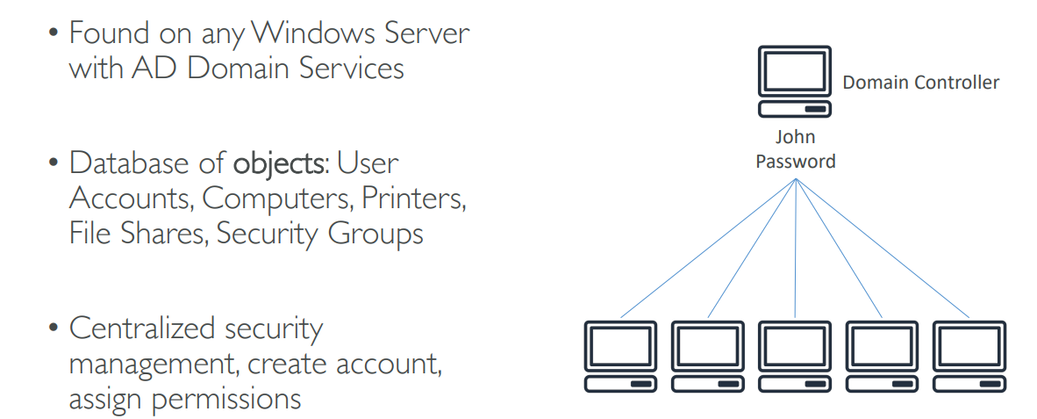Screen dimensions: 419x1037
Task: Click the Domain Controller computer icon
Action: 795,83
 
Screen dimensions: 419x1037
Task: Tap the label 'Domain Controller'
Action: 920,83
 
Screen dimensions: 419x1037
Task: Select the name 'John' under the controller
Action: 795,137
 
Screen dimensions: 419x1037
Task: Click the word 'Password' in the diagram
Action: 795,162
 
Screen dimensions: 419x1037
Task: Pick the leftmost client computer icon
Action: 619,356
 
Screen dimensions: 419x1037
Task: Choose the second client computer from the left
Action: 707,356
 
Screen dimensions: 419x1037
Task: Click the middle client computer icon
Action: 795,356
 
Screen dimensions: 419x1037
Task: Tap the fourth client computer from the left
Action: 882,356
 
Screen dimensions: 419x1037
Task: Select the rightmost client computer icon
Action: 969,356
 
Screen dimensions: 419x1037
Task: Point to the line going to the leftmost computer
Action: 707,249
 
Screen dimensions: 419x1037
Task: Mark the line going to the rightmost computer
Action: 882,249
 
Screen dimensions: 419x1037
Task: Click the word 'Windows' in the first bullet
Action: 305,33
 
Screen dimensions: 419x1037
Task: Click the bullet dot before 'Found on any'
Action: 54,34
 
